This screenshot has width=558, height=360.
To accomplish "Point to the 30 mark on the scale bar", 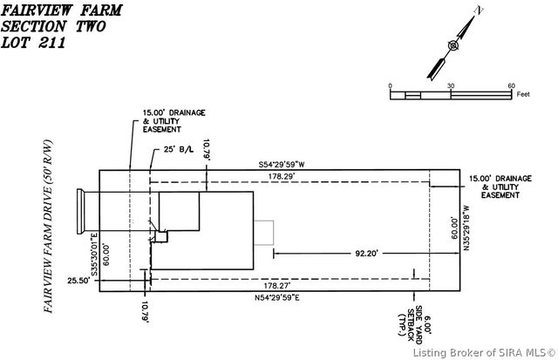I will pyautogui.click(x=451, y=85).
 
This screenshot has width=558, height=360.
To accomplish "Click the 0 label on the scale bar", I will pyautogui.click(x=391, y=85).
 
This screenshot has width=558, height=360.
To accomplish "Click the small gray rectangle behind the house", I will pyautogui.click(x=263, y=234).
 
